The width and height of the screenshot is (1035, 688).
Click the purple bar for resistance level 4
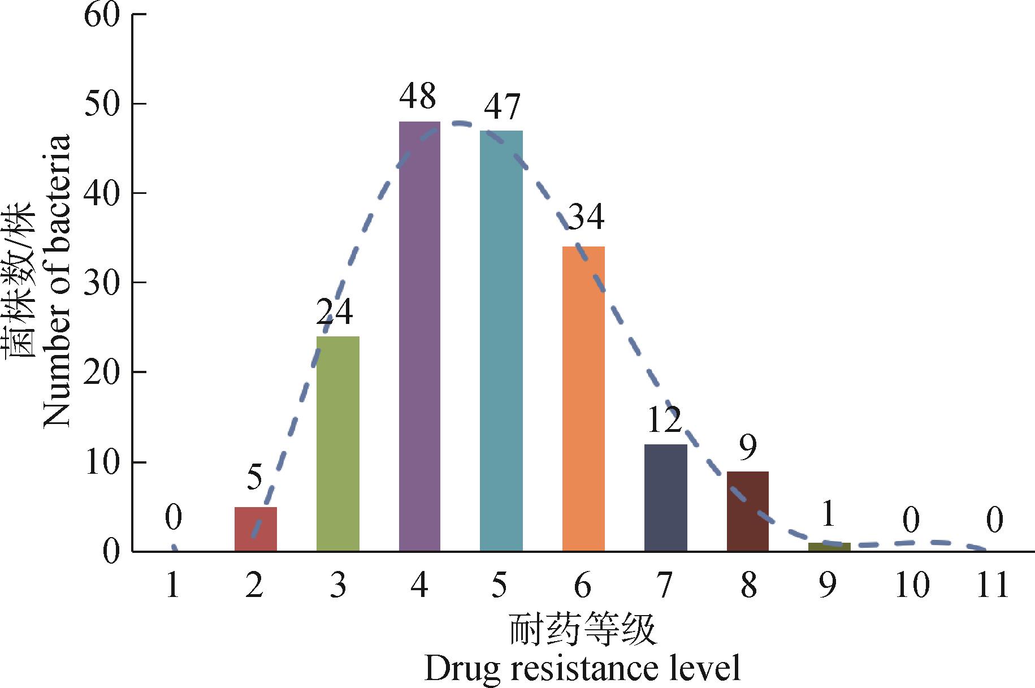tap(419, 336)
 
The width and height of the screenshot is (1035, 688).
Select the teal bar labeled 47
tap(501, 340)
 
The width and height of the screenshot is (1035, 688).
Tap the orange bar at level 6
tap(583, 399)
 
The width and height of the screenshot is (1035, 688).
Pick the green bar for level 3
tap(337, 443)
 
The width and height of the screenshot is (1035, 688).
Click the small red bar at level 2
tap(255, 529)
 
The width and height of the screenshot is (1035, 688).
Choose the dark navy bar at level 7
tap(665, 497)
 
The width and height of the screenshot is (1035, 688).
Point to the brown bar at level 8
tap(747, 511)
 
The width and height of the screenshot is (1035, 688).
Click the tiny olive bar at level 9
tap(829, 547)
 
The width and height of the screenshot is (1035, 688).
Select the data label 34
tap(586, 217)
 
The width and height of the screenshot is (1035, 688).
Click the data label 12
tap(665, 421)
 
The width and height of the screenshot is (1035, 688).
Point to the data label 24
tap(334, 311)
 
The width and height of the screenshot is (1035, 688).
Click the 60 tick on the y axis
tap(102, 15)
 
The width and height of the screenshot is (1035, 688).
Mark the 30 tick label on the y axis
tap(102, 283)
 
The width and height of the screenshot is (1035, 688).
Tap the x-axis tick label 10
tap(911, 585)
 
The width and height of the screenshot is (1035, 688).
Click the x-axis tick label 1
tap(173, 585)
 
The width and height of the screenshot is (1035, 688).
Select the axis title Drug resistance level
tap(582, 669)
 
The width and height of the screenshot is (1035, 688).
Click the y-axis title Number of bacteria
tap(57, 281)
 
